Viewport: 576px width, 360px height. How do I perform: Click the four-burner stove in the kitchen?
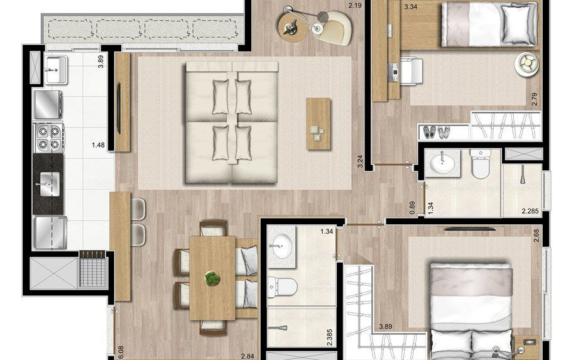[x=49, y=138]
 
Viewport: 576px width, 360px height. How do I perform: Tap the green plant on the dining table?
[x=212, y=277]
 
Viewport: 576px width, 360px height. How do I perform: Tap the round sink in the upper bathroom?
[x=444, y=163]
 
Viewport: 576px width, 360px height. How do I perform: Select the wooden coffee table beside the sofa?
[x=318, y=124]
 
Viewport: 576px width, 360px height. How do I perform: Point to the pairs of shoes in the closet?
[x=437, y=132]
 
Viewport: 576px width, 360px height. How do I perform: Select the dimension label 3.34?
[x=411, y=7]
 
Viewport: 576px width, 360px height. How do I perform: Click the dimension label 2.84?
[x=248, y=356]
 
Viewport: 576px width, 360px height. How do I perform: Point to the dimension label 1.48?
[x=97, y=145]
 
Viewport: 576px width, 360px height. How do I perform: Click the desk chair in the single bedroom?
[x=409, y=70]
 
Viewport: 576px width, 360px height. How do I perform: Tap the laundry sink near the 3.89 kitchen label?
[x=57, y=67]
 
